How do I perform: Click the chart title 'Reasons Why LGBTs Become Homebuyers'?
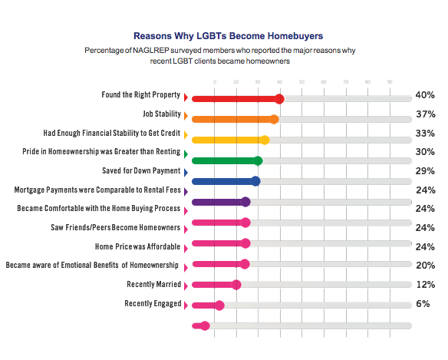click(229, 36)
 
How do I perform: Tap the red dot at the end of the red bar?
click(279, 99)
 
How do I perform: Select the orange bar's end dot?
click(274, 119)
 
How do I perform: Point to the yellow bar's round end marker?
click(265, 140)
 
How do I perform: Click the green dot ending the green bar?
click(258, 160)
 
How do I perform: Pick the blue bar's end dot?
click(255, 181)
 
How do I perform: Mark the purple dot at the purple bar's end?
click(245, 202)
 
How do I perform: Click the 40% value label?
click(425, 95)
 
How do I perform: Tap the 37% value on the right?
click(426, 114)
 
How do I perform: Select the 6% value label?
click(423, 303)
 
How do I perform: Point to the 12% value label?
click(426, 284)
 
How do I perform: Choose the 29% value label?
click(425, 170)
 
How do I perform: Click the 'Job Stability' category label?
click(162, 114)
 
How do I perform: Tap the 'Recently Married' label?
click(153, 284)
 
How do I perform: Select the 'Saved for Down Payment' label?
click(141, 170)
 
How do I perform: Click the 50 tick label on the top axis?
click(301, 82)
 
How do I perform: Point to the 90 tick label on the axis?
click(390, 82)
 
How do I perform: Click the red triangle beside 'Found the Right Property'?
click(186, 97)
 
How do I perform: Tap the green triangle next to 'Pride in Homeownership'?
click(186, 154)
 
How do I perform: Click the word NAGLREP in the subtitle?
click(151, 51)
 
